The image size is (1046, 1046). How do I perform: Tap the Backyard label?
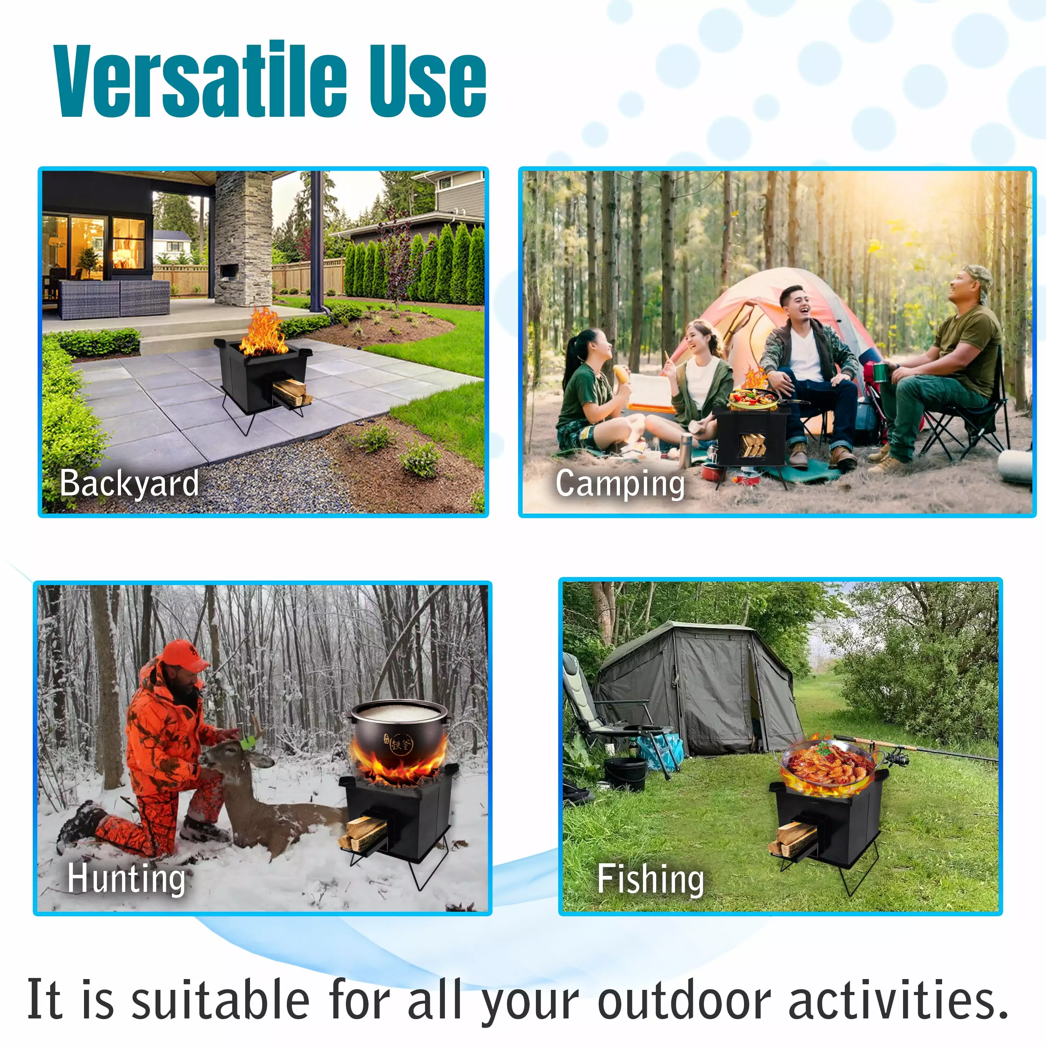click(129, 484)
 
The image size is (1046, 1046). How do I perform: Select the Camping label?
click(621, 484)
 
